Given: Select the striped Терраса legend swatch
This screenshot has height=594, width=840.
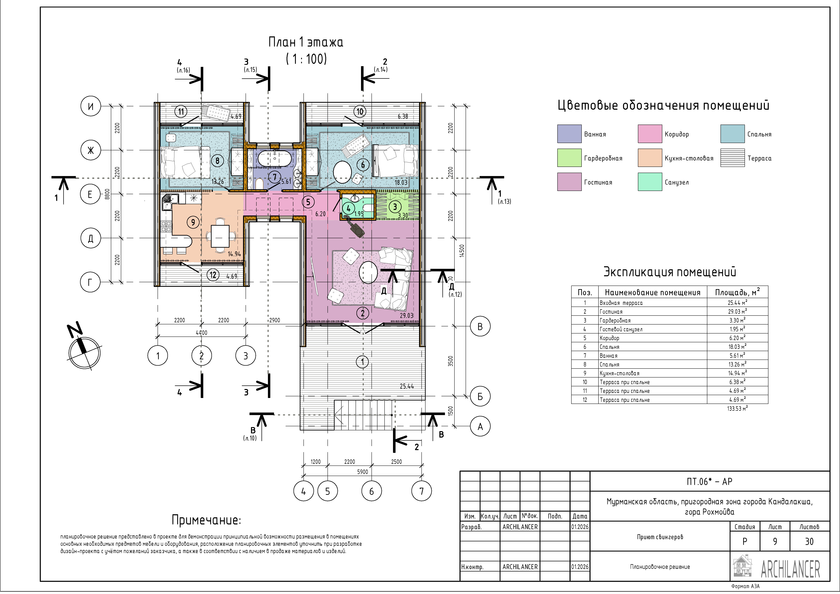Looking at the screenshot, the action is pyautogui.click(x=732, y=158).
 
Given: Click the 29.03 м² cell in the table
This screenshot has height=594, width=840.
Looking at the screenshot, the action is pyautogui.click(x=737, y=311).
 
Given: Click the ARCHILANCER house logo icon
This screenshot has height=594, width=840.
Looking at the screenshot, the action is pyautogui.click(x=743, y=566).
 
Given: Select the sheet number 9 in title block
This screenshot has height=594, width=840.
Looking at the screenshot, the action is pyautogui.click(x=775, y=542).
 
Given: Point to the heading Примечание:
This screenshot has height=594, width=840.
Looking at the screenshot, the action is pyautogui.click(x=206, y=520).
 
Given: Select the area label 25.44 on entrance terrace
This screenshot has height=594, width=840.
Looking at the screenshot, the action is pyautogui.click(x=407, y=386).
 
